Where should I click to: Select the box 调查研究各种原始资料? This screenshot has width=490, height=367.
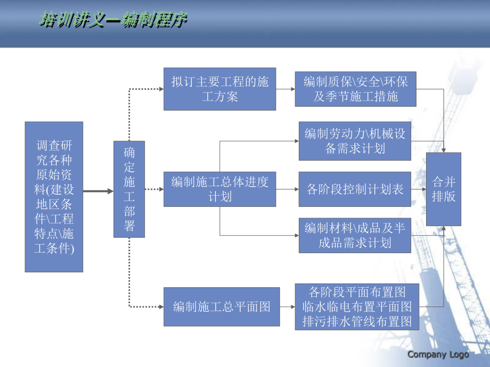54,197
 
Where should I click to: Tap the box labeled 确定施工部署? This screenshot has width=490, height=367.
129,189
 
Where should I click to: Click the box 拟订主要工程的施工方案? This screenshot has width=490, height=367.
220,89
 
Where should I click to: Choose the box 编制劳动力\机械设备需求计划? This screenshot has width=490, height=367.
355,141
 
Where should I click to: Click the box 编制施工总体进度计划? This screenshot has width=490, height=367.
220,189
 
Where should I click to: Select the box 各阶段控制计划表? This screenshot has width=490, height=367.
355,189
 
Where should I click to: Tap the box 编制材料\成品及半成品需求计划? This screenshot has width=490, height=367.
355,235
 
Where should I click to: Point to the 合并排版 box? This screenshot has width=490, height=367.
444,189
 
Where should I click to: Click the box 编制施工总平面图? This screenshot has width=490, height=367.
222,306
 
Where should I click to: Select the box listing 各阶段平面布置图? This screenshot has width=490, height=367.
357,306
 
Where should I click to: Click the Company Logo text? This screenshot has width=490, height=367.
438,354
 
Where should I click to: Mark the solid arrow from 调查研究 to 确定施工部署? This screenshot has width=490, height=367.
98,190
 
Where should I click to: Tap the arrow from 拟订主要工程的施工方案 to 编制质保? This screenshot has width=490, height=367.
286,89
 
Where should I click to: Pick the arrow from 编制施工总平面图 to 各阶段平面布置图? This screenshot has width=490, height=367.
287,306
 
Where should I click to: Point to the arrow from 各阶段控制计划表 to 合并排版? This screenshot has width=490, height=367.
419,189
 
